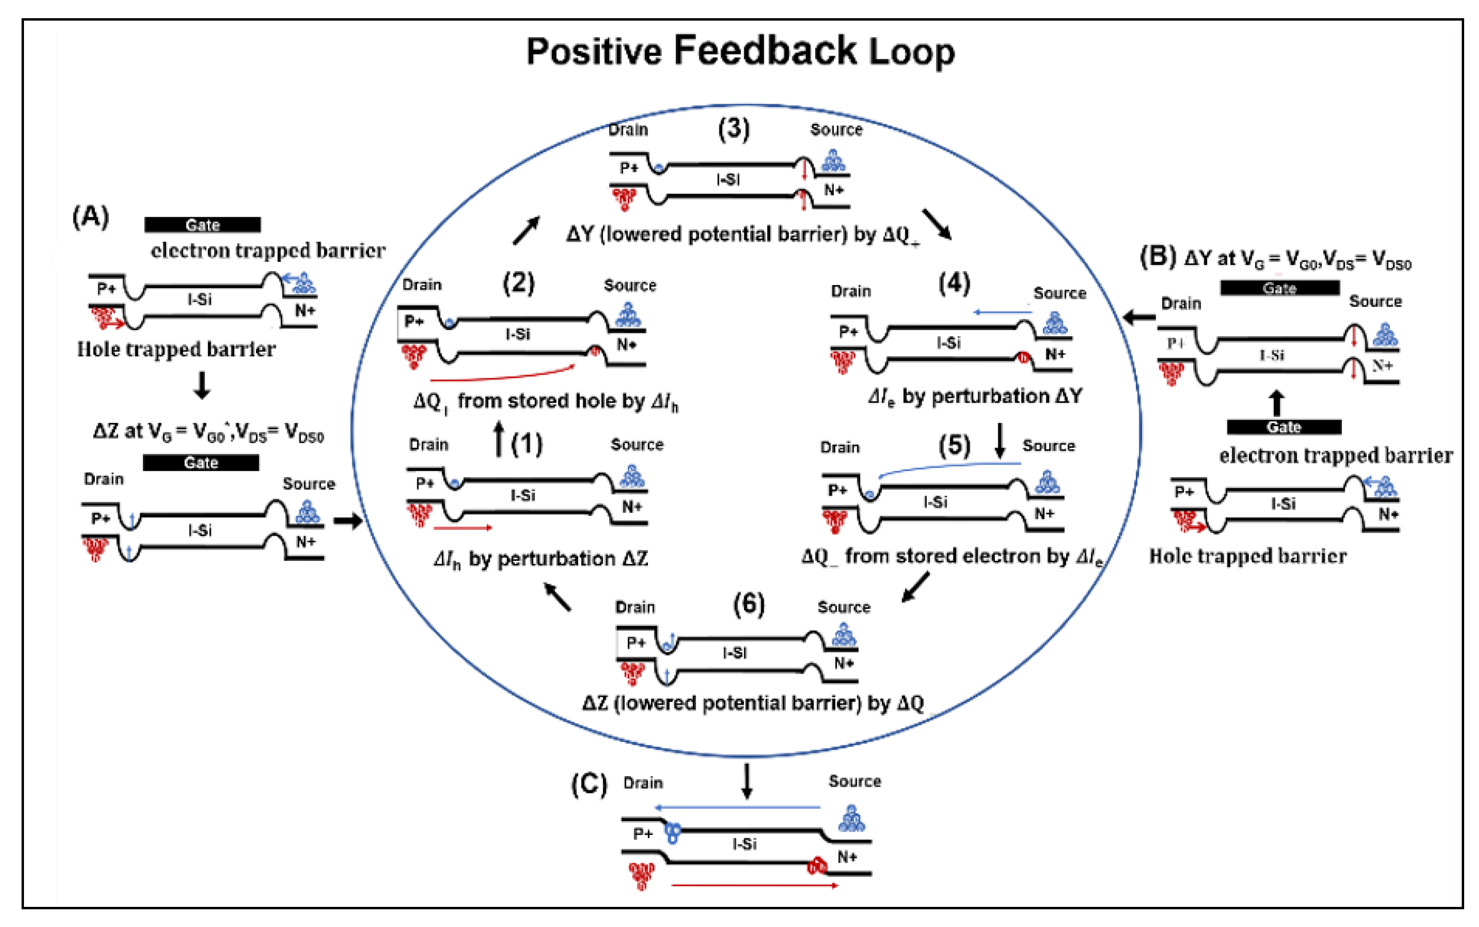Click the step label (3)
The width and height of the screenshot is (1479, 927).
pos(734,129)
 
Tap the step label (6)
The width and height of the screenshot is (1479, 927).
pos(749,605)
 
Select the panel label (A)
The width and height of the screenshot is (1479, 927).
pos(91,217)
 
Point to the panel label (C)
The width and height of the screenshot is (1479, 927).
pos(589,784)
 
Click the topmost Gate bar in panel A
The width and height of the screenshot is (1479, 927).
pos(202,225)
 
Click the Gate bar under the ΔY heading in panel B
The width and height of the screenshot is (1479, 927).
pos(1279,288)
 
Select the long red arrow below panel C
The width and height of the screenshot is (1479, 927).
pos(754,885)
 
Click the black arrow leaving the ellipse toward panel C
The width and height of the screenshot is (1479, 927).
pos(747,780)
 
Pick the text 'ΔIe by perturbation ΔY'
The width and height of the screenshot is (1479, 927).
pos(975,397)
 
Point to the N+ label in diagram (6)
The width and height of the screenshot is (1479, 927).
pos(844,664)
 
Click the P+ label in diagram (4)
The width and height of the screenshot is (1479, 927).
pos(848,332)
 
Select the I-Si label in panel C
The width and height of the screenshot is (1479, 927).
pos(744,844)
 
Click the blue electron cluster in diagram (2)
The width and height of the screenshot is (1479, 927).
pos(628,315)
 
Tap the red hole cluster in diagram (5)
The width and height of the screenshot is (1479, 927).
pos(834,520)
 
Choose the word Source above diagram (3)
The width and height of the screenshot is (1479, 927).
pos(836,129)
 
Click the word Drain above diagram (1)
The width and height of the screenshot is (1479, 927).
pos(428,445)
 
